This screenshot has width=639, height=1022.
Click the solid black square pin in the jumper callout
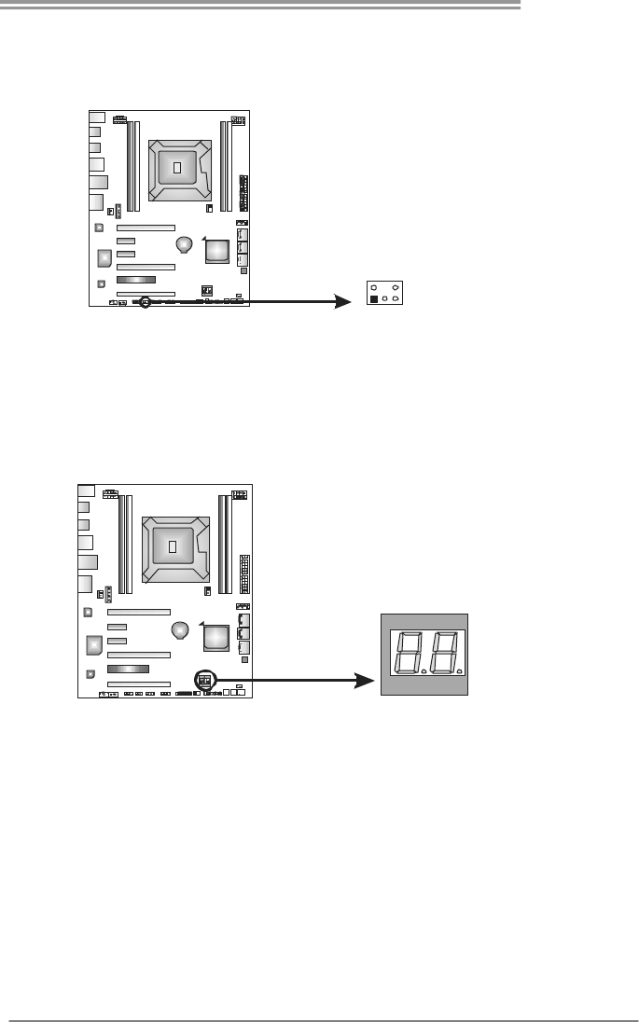[x=374, y=300]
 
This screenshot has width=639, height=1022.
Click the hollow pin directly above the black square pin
[x=374, y=288]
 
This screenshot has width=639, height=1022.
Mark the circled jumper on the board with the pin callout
[x=145, y=302]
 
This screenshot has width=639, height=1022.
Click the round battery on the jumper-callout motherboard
[x=185, y=244]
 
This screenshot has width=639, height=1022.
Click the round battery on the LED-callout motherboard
[x=181, y=630]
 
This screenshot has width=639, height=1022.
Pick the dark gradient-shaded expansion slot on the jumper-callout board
[x=136, y=280]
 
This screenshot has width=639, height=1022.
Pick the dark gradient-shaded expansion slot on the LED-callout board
[x=129, y=670]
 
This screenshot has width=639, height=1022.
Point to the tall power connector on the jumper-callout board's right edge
[x=243, y=193]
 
